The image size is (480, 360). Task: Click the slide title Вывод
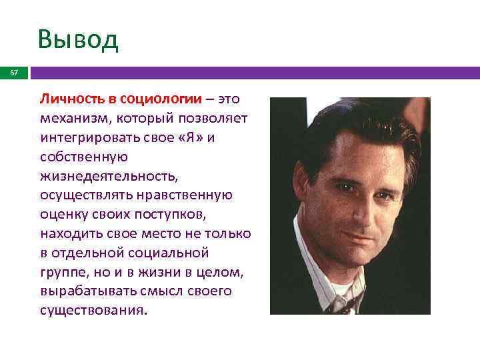click(78, 39)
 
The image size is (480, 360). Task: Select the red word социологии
click(161, 99)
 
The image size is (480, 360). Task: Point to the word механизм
click(71, 119)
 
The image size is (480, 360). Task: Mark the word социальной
click(170, 253)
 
